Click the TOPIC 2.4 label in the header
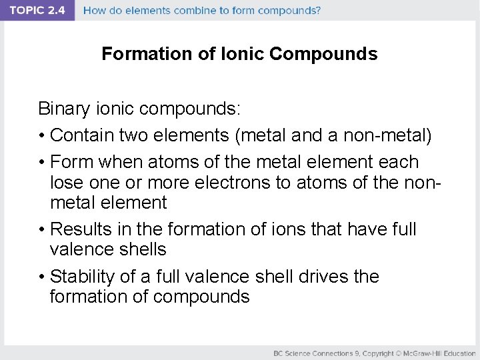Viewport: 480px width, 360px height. click(x=37, y=11)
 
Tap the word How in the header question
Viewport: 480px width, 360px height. click(x=95, y=11)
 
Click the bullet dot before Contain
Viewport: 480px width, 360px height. click(x=41, y=136)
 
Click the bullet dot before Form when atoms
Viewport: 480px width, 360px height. click(x=41, y=163)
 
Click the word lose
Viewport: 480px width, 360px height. click(x=65, y=182)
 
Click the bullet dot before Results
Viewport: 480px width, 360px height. click(x=41, y=230)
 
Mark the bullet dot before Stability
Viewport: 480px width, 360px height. click(x=41, y=277)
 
